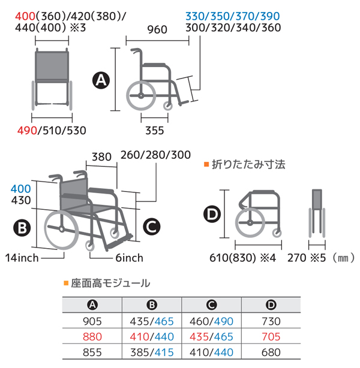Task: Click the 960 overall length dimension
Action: (x=157, y=30)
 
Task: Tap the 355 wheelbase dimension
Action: (x=155, y=131)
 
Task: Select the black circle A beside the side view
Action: (x=101, y=80)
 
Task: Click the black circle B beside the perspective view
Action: (x=22, y=228)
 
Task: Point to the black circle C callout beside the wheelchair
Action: (x=152, y=227)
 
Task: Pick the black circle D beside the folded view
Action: (x=212, y=214)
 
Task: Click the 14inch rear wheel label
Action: (x=22, y=258)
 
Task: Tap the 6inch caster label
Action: (x=129, y=258)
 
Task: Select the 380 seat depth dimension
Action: (x=101, y=157)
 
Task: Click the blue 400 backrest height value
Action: (x=20, y=189)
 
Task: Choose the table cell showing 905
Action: (x=92, y=321)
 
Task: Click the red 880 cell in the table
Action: (x=92, y=337)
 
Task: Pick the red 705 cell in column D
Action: (x=271, y=337)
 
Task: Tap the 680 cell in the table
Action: (x=271, y=352)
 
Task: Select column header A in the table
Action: (x=92, y=305)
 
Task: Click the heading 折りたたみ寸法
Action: (x=248, y=164)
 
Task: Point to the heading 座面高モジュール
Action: (x=110, y=283)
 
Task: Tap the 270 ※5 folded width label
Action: (x=307, y=258)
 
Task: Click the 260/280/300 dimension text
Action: (x=155, y=155)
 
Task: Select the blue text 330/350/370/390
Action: (x=233, y=16)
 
